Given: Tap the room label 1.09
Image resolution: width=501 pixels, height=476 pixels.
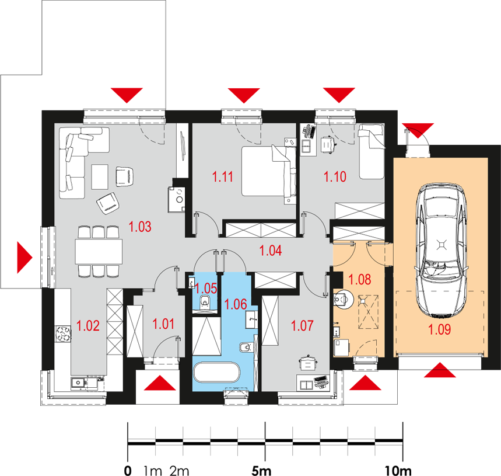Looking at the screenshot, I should [439, 330].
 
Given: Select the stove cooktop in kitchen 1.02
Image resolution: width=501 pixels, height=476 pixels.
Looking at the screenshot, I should [62, 333].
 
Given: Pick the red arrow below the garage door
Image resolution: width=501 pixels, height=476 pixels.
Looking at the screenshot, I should [441, 371].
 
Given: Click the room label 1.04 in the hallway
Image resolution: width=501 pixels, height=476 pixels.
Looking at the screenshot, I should [271, 251].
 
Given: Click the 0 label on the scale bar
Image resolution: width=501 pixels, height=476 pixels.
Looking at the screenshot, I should [128, 469].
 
